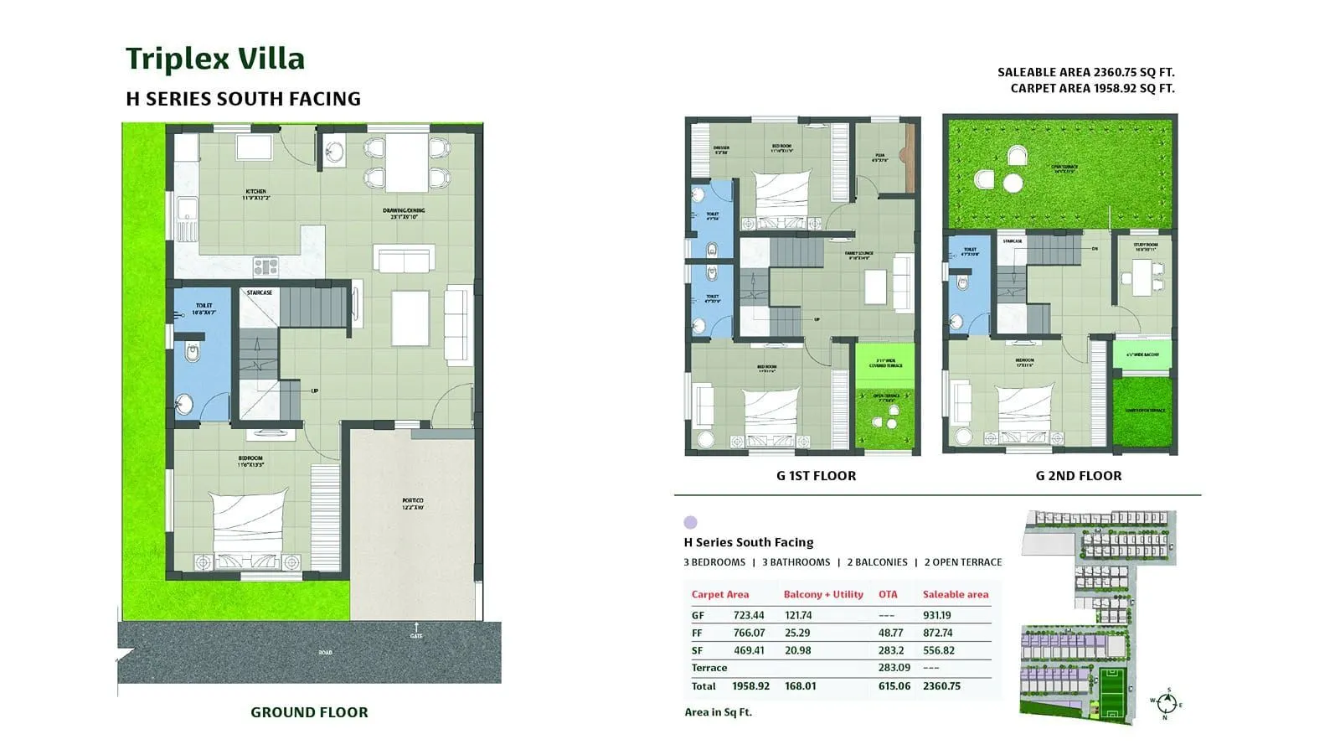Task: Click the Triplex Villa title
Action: [x=215, y=59]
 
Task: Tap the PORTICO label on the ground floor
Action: [x=413, y=504]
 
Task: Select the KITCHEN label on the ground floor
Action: [x=255, y=194]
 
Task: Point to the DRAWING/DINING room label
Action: [x=404, y=213]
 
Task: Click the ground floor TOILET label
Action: [x=204, y=308]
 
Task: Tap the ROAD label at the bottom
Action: [x=325, y=652]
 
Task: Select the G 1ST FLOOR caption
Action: [x=816, y=476]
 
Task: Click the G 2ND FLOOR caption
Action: [x=1078, y=476]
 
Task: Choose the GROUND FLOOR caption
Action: [x=309, y=712]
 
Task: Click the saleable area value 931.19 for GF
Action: [x=936, y=615]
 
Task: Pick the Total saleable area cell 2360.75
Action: [x=941, y=685]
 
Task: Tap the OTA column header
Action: [x=888, y=594]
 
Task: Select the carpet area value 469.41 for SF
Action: [x=749, y=650]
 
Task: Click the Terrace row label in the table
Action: [x=709, y=668]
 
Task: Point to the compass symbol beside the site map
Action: [x=1166, y=703]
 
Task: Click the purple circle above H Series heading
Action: [x=690, y=522]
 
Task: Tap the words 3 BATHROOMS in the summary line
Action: [x=796, y=562]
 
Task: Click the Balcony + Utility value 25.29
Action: [x=797, y=633]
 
